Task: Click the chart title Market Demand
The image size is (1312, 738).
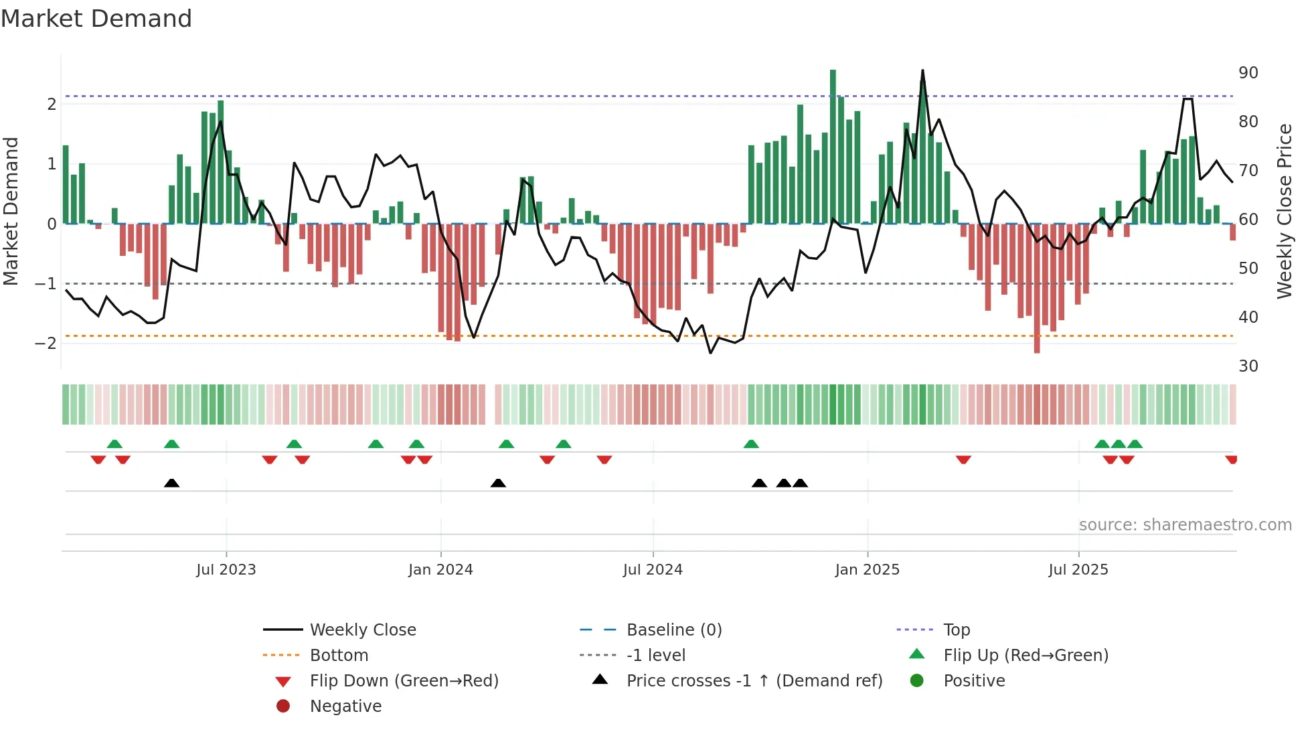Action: pos(96,19)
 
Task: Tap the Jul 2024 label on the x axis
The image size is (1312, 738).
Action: pos(653,570)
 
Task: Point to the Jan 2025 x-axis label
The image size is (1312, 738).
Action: pos(867,570)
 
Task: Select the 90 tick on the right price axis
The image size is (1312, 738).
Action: pos(1248,72)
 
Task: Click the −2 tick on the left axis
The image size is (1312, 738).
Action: pos(46,344)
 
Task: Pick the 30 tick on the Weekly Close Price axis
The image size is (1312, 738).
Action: pos(1248,366)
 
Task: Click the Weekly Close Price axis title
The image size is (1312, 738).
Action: pos(1284,211)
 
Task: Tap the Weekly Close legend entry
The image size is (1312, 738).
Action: pos(363,630)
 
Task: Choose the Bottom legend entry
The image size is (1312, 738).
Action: pos(339,656)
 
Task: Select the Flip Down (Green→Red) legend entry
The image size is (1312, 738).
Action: pos(404,681)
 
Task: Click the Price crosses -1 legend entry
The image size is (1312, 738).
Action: pos(754,681)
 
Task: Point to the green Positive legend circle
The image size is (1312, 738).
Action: pos(917,681)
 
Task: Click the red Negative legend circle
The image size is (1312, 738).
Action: pos(283,707)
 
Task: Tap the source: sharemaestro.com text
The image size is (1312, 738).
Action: pos(1185,525)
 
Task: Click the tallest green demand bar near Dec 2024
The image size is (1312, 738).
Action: pos(833,147)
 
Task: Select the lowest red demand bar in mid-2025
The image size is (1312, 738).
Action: pos(1037,288)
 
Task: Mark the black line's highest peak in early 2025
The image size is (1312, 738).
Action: pos(922,70)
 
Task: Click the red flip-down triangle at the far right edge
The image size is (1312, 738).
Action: pos(1231,459)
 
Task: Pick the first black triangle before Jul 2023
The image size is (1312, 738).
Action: pos(171,483)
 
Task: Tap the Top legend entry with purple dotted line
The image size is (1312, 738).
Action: pos(957,630)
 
